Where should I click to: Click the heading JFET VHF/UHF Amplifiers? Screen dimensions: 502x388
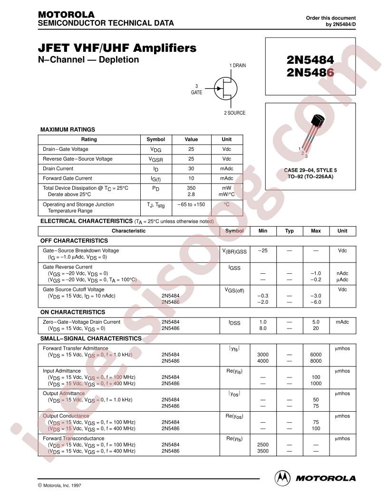coord(117,48)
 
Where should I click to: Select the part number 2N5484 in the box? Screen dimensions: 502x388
coord(310,60)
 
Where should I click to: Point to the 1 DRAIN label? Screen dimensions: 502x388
coord(237,66)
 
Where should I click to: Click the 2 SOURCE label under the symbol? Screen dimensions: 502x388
coord(234,113)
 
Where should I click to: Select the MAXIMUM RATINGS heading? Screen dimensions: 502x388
coord(68,129)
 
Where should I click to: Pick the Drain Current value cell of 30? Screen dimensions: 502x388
coord(191,168)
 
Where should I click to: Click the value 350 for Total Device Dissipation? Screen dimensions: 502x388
coord(191,188)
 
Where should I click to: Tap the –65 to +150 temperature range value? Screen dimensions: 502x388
coord(191,204)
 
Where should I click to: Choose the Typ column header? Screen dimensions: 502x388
coord(289,231)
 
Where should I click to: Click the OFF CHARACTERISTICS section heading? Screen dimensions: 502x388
coord(74,241)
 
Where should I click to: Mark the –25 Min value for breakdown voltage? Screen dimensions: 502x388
coord(263,251)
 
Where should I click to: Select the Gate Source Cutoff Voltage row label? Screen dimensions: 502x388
coord(74,290)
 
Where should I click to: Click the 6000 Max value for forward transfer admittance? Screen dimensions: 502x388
coord(316,355)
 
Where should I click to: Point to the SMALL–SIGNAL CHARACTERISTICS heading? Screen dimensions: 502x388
coord(91,338)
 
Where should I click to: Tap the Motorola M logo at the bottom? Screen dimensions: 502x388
coord(282,477)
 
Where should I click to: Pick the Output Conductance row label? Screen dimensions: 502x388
coord(66,416)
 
